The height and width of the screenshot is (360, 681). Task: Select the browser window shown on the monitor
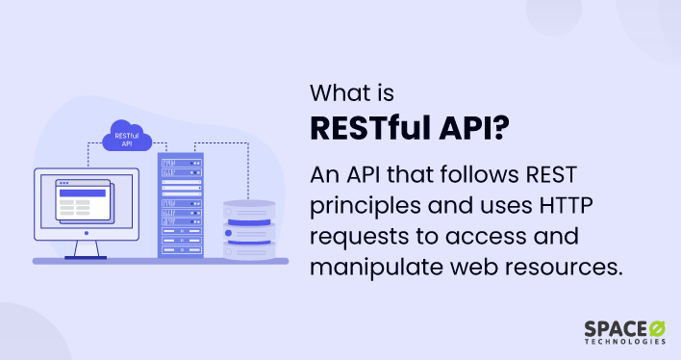pyautogui.click(x=84, y=199)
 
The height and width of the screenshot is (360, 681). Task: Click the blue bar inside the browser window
pyautogui.click(x=82, y=193)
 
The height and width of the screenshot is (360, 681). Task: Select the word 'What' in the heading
pyautogui.click(x=339, y=94)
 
